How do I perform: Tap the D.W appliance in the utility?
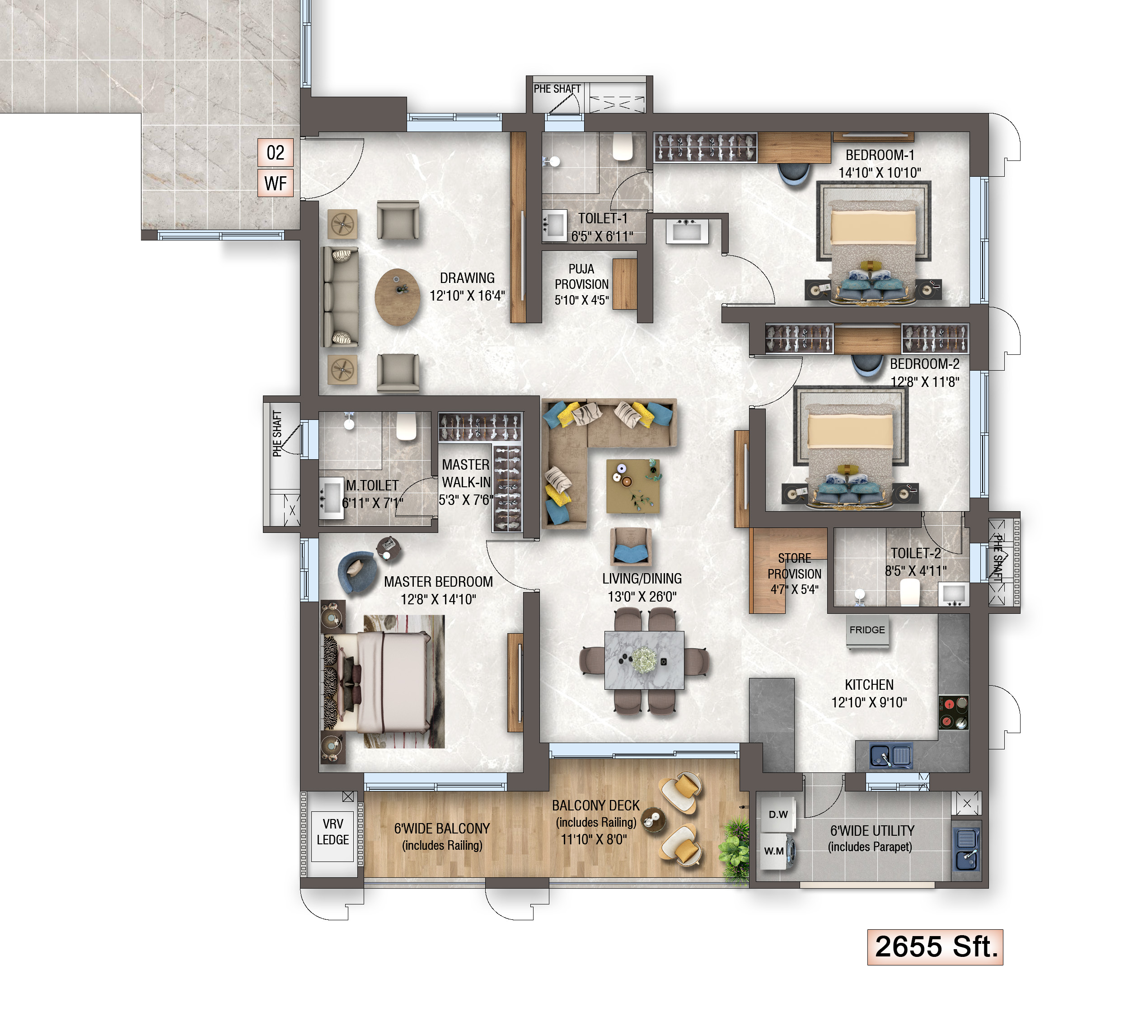(x=778, y=815)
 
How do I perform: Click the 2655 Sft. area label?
(x=935, y=947)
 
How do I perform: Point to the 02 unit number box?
(x=276, y=153)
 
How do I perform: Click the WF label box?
(x=276, y=184)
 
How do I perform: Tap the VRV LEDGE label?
(x=333, y=832)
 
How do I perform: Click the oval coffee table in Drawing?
(x=398, y=297)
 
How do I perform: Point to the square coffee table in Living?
(x=633, y=486)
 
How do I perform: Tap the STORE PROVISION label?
(x=795, y=566)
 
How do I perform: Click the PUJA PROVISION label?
(x=581, y=277)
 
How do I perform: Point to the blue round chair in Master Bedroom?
(x=355, y=572)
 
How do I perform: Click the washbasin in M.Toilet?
(x=331, y=497)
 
